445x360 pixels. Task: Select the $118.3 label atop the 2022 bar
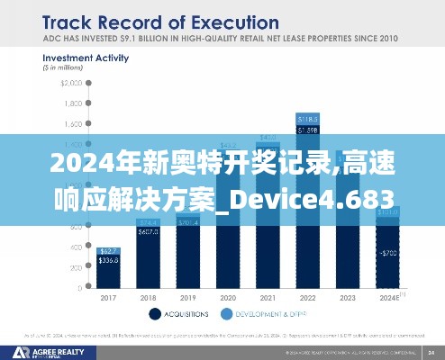pos(307,119)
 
